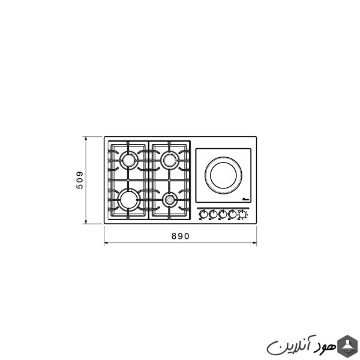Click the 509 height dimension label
[79, 180]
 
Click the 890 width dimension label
[181, 236]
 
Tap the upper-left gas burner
[129, 160]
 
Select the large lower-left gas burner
[129, 199]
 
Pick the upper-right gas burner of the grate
[170, 160]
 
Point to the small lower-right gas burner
[170, 200]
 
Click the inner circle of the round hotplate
[223, 175]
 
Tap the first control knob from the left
[203, 215]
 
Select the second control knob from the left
[213, 215]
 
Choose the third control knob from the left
[223, 215]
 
